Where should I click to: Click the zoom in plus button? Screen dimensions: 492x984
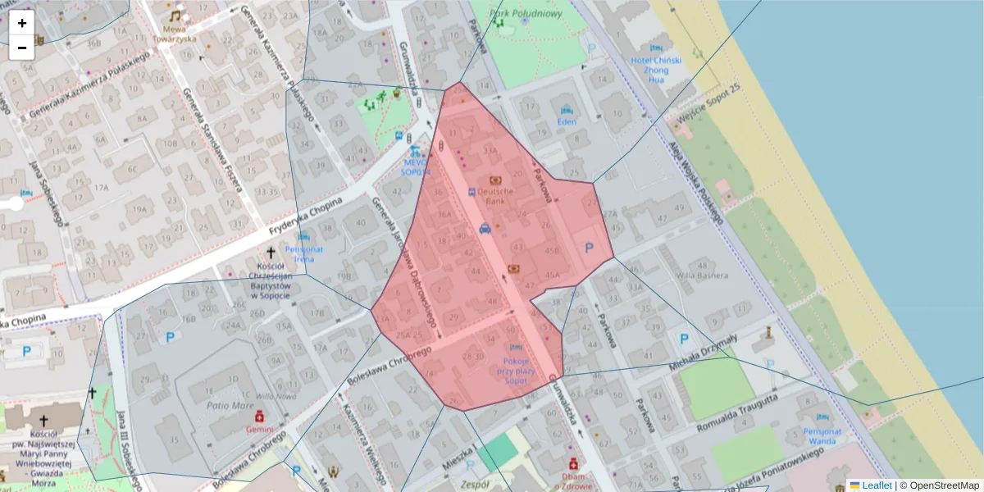coord(22,23)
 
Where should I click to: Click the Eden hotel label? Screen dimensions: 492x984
coord(567,122)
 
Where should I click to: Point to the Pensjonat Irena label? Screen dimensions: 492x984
coord(303,253)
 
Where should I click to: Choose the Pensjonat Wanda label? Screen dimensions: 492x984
coord(822,436)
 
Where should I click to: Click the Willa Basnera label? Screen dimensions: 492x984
coord(702,275)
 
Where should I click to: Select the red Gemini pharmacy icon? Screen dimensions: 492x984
coord(259,417)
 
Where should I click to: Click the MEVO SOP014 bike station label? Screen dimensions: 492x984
coord(416,167)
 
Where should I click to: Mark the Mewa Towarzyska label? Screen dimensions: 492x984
coord(174,33)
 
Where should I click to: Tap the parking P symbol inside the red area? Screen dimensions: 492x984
coord(587,248)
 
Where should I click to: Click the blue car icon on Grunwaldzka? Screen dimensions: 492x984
coord(485,229)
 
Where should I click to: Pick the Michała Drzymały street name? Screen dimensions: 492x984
coord(704,350)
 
